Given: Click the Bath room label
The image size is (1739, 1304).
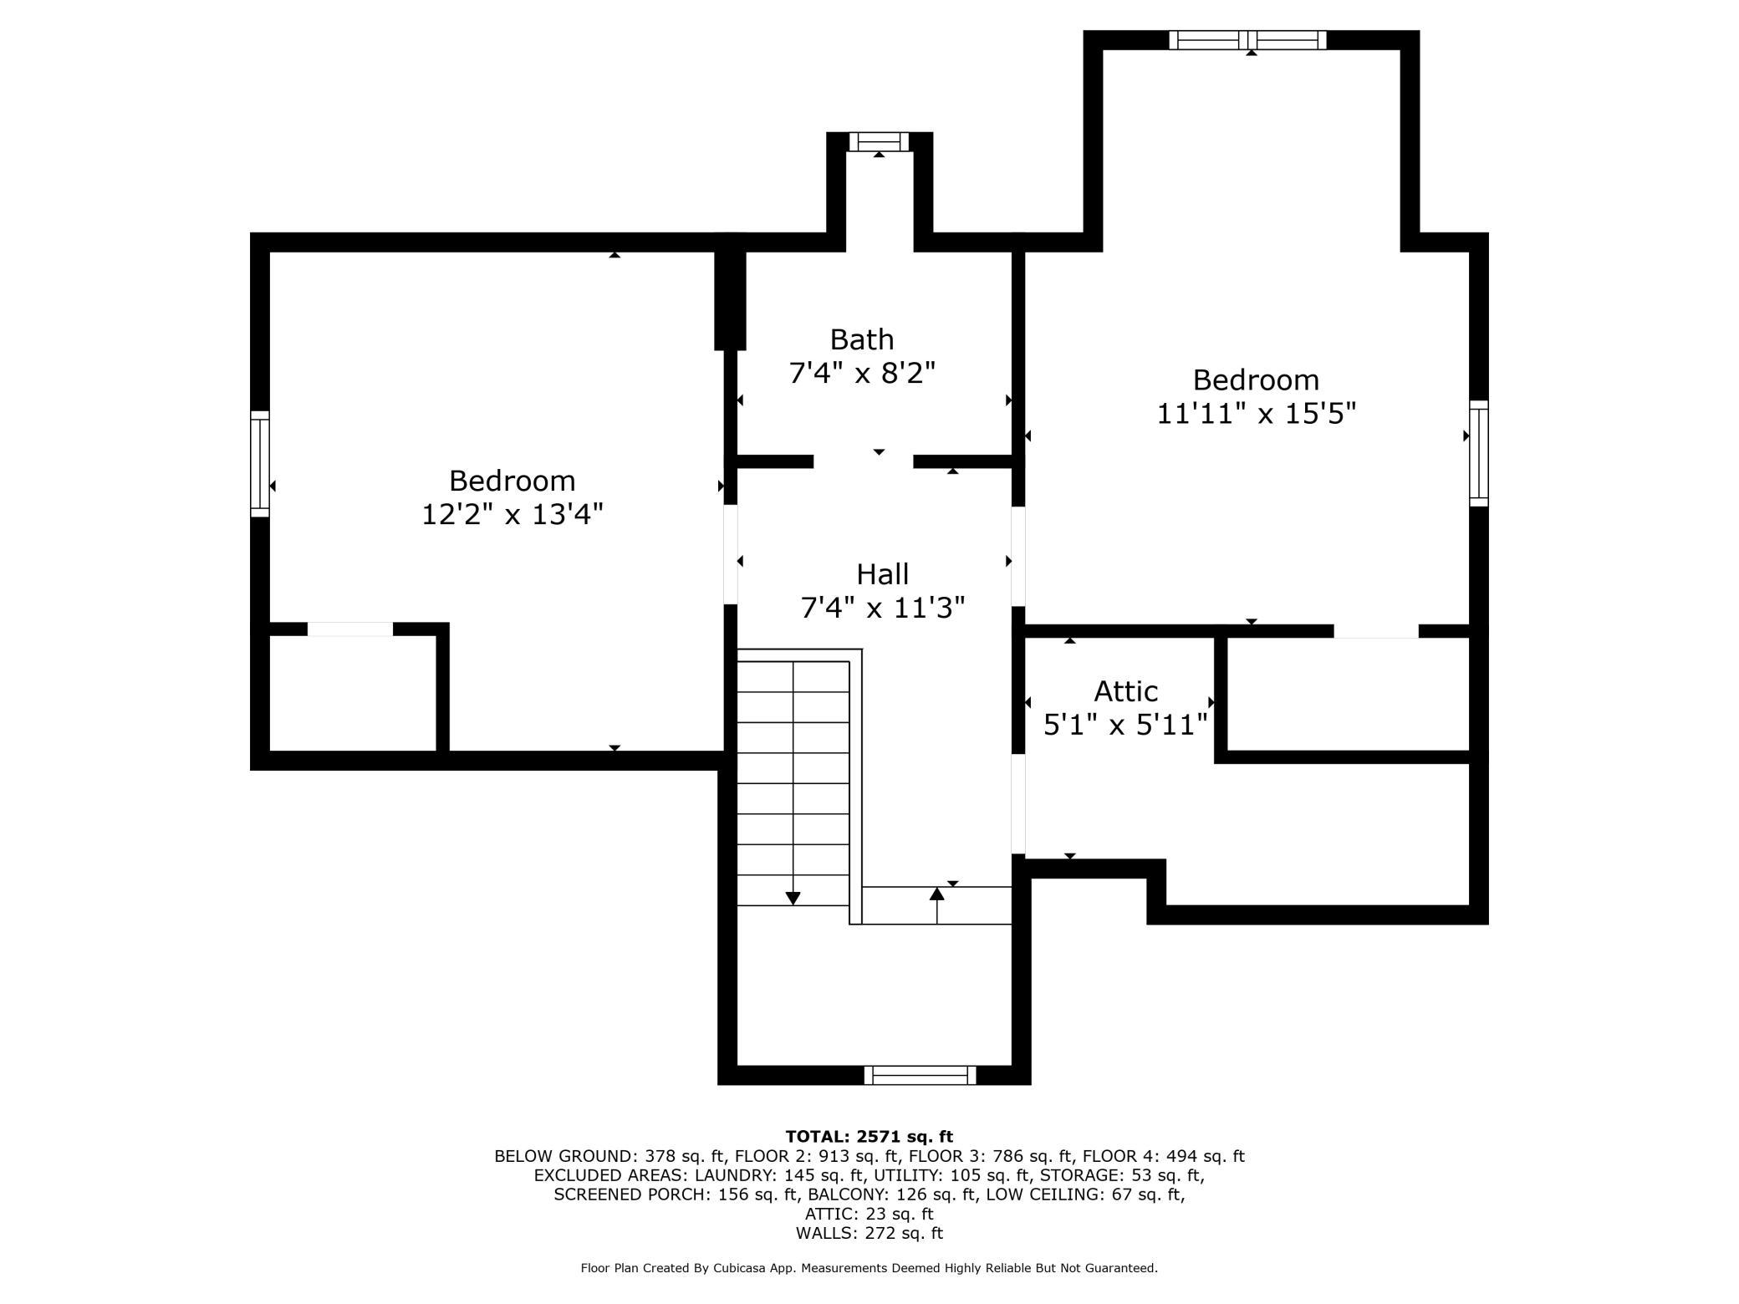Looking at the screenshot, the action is [x=861, y=339].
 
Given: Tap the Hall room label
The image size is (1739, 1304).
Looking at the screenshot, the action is [x=882, y=574].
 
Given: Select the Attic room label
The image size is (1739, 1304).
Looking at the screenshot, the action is [x=1125, y=691].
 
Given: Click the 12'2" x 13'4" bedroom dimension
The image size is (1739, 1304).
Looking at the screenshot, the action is [x=512, y=514].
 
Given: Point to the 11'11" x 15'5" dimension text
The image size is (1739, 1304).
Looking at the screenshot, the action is [x=1256, y=413].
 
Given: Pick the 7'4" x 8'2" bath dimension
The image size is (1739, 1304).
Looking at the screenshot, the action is [x=862, y=372].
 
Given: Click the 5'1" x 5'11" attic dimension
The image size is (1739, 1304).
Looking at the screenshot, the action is [x=1126, y=724].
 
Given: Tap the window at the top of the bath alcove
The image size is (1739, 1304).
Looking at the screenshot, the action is [x=879, y=141].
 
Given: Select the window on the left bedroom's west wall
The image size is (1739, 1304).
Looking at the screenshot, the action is [x=260, y=463].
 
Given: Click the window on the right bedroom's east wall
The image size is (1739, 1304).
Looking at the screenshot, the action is [x=1479, y=453].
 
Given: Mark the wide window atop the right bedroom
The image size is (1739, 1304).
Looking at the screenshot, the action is [x=1247, y=40].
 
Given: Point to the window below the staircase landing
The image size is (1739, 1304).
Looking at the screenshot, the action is [x=920, y=1075].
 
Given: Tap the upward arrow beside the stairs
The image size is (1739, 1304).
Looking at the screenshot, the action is [x=936, y=905].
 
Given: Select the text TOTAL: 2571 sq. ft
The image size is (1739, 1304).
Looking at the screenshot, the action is [x=869, y=1136].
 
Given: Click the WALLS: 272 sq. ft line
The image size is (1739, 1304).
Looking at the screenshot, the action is [x=869, y=1233].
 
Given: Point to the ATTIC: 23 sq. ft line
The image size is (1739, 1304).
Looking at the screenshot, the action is [x=869, y=1214].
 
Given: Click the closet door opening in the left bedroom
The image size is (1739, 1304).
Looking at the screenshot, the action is [x=350, y=629].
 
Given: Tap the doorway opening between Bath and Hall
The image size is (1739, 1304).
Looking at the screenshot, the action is [x=863, y=461].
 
